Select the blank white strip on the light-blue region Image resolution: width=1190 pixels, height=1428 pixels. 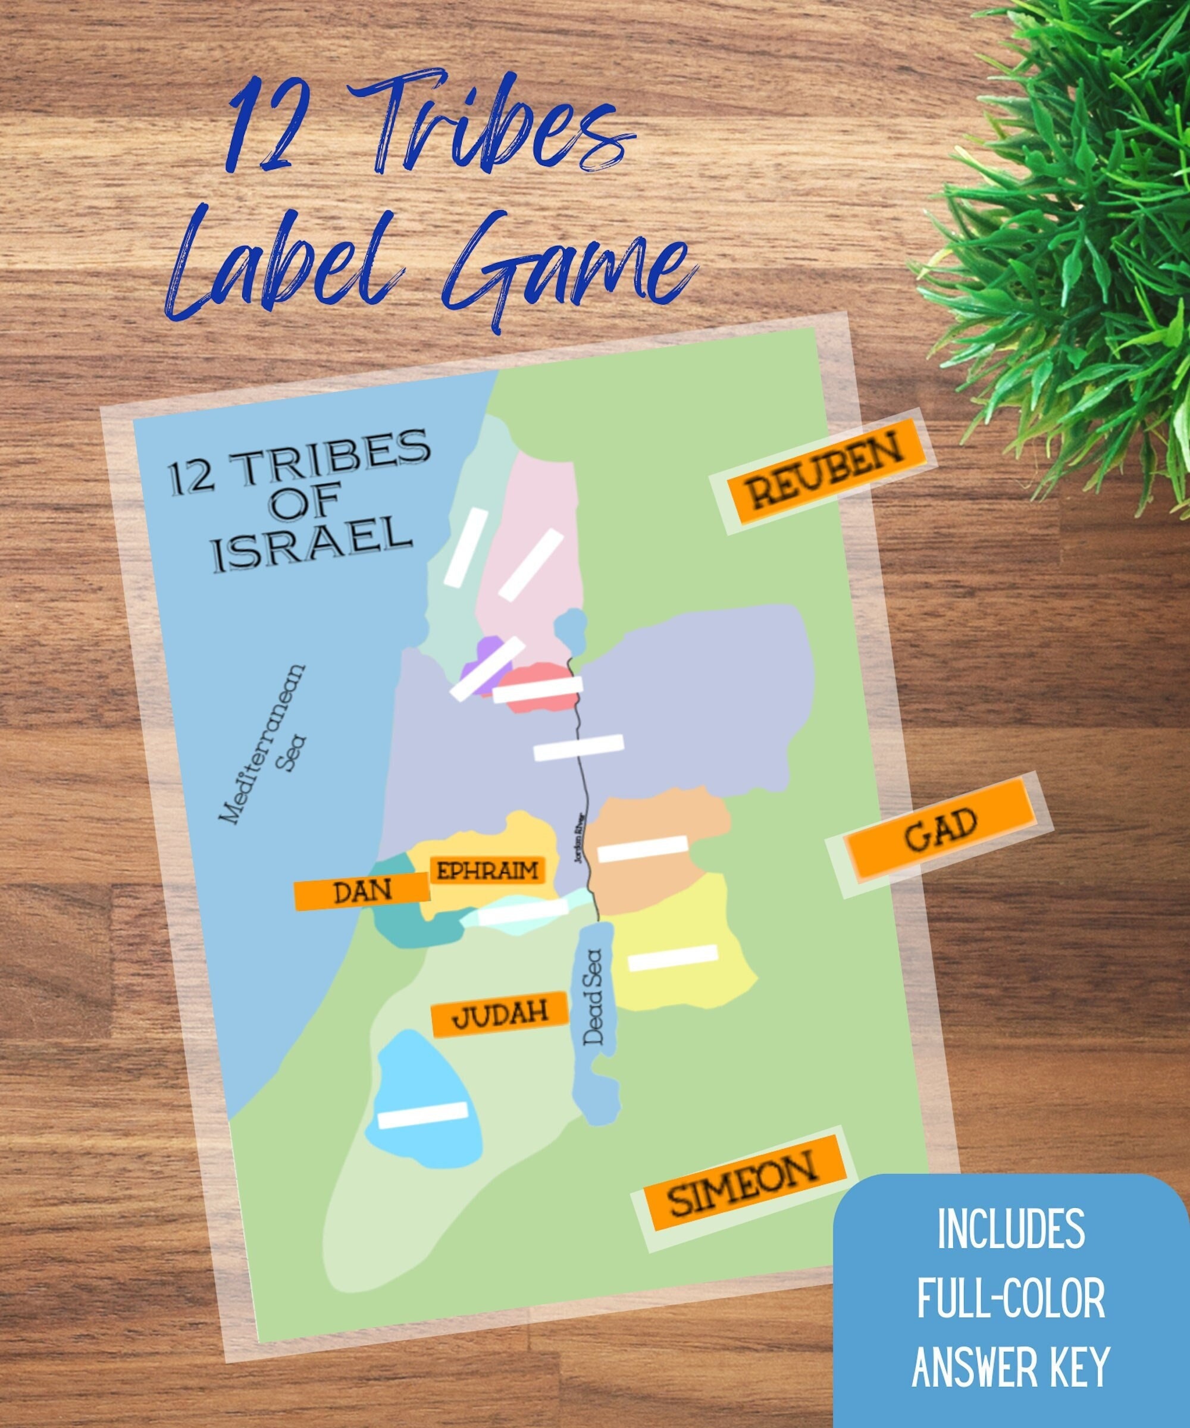(x=422, y=1115)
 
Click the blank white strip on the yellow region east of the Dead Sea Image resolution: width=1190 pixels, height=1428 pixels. (x=672, y=957)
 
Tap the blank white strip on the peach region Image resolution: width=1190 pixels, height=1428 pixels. (x=643, y=848)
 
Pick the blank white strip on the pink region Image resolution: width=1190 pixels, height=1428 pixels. (x=530, y=565)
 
